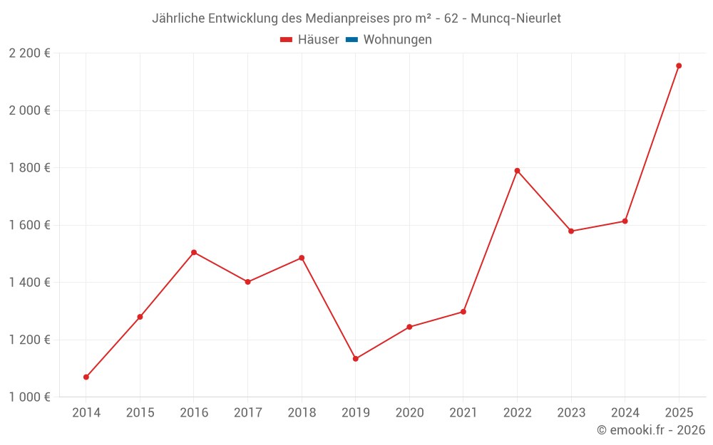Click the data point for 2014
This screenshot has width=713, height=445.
click(x=86, y=377)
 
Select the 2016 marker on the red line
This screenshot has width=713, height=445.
click(x=194, y=252)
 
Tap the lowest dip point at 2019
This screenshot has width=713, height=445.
click(x=355, y=359)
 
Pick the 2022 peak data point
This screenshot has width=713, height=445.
click(x=517, y=171)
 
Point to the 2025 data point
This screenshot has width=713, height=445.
click(x=679, y=66)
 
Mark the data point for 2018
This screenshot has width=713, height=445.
click(x=302, y=258)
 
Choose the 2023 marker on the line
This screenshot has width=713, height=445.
click(x=571, y=231)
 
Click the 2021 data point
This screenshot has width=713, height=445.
click(x=463, y=312)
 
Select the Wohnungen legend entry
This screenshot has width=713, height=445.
click(x=397, y=40)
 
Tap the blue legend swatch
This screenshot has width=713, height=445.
click(x=352, y=40)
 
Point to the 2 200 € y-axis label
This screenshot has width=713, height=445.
click(x=30, y=53)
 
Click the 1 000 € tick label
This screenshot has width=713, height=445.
click(x=30, y=397)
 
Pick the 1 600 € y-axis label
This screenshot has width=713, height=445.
click(x=30, y=225)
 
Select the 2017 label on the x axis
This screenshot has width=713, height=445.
click(x=247, y=413)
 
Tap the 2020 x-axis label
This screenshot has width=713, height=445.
click(x=409, y=413)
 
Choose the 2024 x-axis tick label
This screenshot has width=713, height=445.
click(x=625, y=413)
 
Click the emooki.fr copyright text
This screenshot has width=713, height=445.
click(x=651, y=430)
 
